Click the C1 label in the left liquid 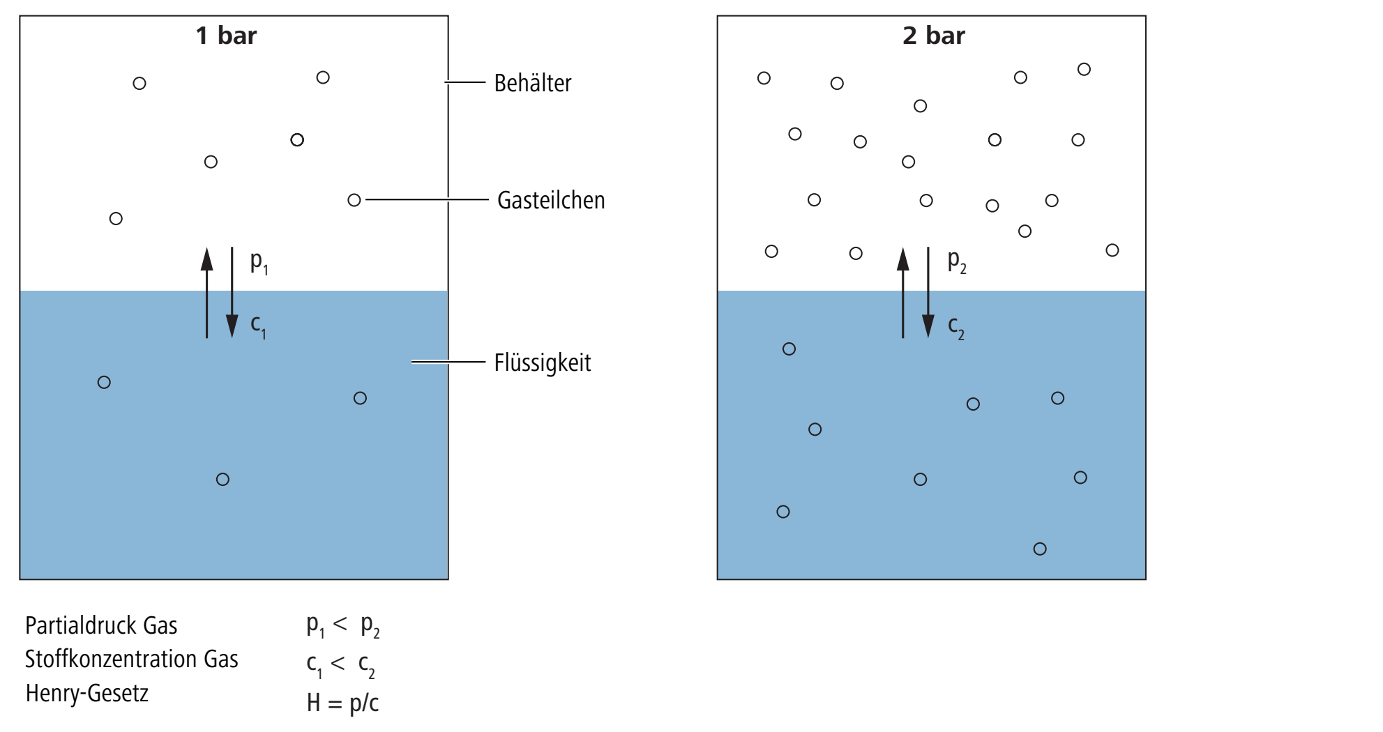[x=258, y=326]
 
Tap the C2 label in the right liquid [x=956, y=328]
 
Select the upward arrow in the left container [x=206, y=293]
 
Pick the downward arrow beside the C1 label [x=232, y=293]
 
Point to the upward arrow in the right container [x=903, y=293]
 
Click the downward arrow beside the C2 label [x=928, y=293]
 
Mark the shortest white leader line [x=465, y=82]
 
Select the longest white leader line [x=428, y=200]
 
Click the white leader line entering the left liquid [x=448, y=362]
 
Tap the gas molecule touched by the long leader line [x=354, y=201]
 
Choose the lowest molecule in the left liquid [x=222, y=480]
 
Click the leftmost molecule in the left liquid [x=104, y=382]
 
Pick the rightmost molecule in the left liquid [x=360, y=398]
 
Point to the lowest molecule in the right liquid [x=1040, y=549]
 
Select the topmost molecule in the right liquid [x=789, y=349]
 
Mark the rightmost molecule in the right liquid [x=1080, y=478]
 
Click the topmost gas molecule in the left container [x=323, y=77]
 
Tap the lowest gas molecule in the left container [x=116, y=219]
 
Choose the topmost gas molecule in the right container [x=1084, y=69]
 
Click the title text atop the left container [x=227, y=35]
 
